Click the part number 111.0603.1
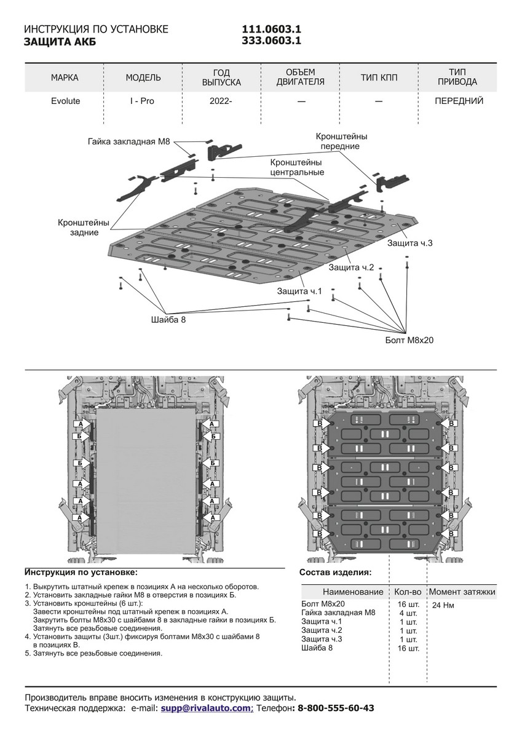(x=271, y=30)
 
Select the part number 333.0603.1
(x=271, y=41)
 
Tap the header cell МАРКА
(x=65, y=77)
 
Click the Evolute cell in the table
(x=65, y=101)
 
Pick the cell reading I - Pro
(x=142, y=101)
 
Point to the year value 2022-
(x=221, y=101)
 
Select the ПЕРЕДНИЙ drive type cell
(x=459, y=101)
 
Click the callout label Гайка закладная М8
(x=128, y=142)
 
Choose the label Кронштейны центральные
(x=297, y=167)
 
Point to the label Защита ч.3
(x=410, y=244)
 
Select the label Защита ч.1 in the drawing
(x=299, y=291)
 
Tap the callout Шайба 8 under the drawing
(x=168, y=320)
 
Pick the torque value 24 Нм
(x=444, y=605)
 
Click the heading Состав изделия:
(x=334, y=572)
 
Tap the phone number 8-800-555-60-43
(x=336, y=708)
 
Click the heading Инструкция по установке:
(x=82, y=572)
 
